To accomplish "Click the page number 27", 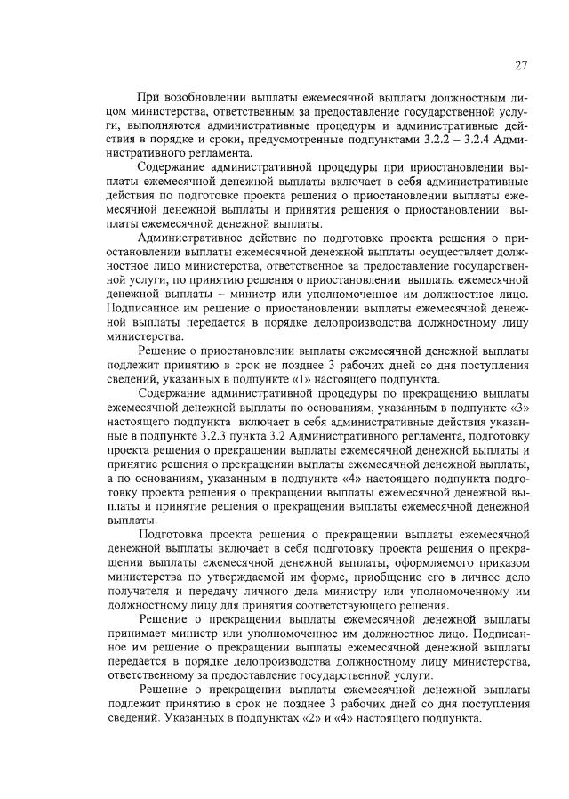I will (x=521, y=64).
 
